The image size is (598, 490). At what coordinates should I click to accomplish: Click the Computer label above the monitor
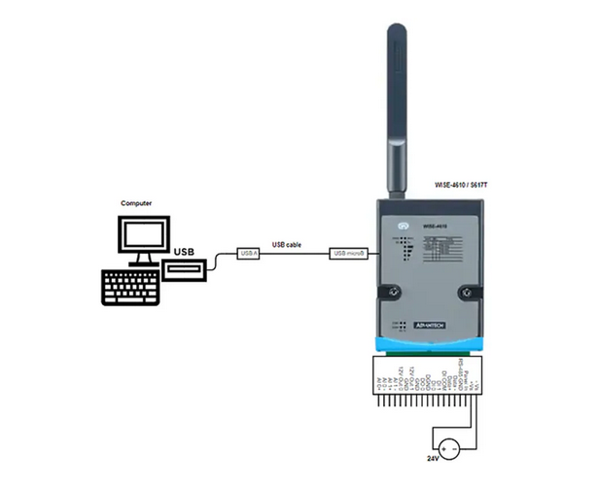pos(136,202)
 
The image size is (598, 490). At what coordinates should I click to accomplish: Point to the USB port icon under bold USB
pos(184,268)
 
